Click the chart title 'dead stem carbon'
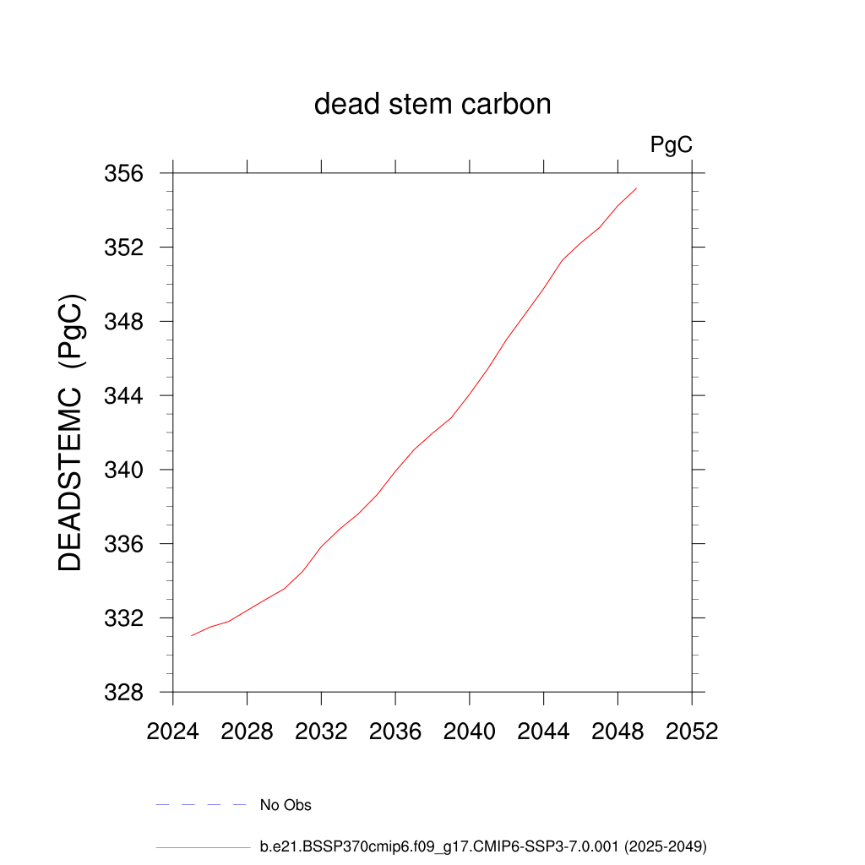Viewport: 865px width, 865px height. (432, 105)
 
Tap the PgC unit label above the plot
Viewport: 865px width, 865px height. (672, 145)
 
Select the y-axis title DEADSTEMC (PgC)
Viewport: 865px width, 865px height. (72, 433)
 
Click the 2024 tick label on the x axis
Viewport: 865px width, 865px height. (173, 732)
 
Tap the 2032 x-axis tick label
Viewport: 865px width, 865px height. (322, 732)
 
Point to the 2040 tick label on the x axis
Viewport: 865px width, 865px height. (470, 732)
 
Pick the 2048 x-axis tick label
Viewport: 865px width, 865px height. (617, 732)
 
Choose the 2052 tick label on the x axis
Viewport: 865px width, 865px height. (692, 732)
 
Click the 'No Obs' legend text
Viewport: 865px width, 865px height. (286, 805)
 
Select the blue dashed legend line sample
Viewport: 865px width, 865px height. (201, 805)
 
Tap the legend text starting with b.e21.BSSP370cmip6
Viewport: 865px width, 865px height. (483, 846)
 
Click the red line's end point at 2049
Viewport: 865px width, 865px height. (636, 188)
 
